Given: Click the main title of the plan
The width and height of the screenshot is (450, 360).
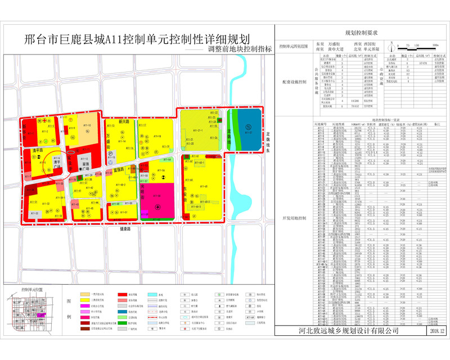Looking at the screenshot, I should [x=138, y=40].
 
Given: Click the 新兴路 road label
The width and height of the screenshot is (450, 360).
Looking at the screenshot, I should [x=125, y=121].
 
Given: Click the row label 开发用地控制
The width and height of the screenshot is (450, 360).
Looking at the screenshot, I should [x=295, y=233].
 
